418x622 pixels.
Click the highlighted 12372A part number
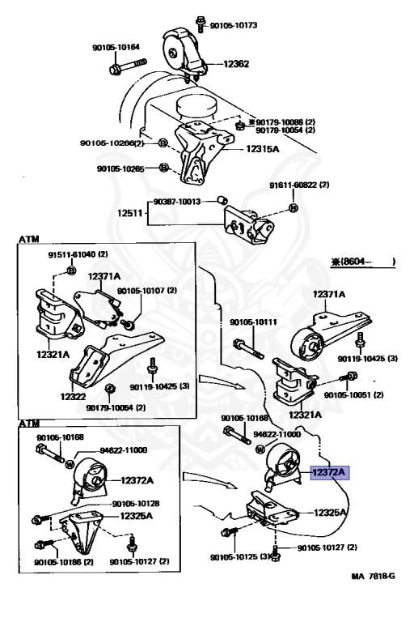coord(329,472)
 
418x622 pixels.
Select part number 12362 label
coord(236,64)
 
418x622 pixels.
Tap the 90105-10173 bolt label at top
coord(234,25)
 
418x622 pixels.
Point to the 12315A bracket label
coord(263,149)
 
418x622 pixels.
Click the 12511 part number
coord(129,213)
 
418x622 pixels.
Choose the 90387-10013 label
coord(176,202)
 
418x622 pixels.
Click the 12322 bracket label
coord(74,396)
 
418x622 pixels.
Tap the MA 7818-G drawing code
coord(373,576)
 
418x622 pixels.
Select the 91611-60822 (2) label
coord(299,185)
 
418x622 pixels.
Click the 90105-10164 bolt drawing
coord(128,66)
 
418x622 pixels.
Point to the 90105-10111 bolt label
coord(253,322)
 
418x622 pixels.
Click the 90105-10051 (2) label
coord(353,395)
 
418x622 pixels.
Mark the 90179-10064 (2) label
coord(116,407)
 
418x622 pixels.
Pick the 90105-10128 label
coord(136,504)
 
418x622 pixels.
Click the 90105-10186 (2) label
coord(64,562)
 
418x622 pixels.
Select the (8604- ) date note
coord(363,262)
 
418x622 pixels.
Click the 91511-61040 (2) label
coord(78,254)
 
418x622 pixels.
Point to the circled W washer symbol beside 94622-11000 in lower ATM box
coord(70,464)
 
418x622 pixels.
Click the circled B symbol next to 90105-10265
coord(164,168)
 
